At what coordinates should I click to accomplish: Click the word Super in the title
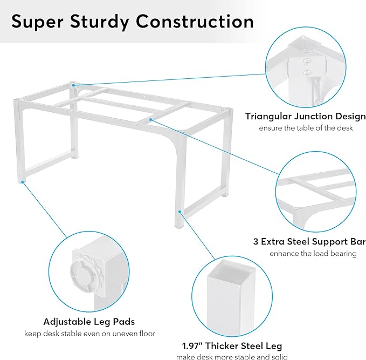(37, 22)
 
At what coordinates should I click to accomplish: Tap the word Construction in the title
(195, 21)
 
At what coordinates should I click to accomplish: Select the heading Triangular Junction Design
(306, 117)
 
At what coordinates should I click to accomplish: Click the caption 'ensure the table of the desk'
(306, 128)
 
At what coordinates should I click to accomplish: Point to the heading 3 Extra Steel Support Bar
(309, 241)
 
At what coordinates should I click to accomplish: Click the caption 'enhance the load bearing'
(313, 254)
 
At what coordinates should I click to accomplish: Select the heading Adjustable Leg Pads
(89, 322)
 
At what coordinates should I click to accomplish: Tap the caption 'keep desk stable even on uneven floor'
(89, 334)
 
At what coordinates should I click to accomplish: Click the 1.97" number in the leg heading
(192, 346)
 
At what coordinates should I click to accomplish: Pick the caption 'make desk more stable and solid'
(232, 357)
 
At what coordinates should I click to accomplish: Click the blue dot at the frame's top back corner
(74, 85)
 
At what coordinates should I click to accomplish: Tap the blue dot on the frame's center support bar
(151, 120)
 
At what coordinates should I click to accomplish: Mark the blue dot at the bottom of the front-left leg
(22, 182)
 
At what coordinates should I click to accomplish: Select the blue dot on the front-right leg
(179, 212)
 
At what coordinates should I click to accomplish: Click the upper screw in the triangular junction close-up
(307, 62)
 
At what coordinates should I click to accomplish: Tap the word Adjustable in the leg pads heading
(67, 322)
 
